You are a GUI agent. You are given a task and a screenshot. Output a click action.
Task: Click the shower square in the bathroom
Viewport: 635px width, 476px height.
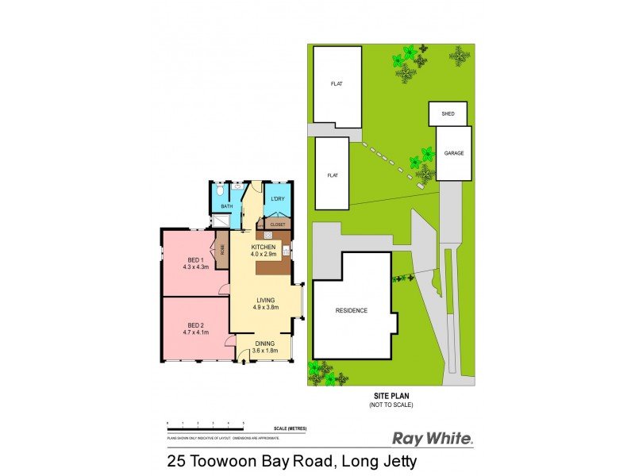point(221,223)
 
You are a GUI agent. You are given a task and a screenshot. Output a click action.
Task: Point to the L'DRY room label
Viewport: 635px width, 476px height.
point(277,198)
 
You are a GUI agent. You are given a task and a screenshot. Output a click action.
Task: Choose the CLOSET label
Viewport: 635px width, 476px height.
point(278,225)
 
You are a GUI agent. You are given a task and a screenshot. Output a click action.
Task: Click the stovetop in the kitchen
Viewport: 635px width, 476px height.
point(268,236)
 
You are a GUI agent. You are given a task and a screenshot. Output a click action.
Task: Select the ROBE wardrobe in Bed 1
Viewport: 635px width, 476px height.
point(223,248)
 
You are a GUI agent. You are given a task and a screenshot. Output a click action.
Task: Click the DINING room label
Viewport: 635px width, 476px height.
point(264,344)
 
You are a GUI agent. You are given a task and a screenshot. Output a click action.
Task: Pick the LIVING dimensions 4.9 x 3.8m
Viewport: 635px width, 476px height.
point(264,308)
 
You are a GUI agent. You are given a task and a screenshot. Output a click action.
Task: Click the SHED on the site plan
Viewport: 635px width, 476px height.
point(448,113)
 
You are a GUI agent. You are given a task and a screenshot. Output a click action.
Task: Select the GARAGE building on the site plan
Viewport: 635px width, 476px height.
point(454,152)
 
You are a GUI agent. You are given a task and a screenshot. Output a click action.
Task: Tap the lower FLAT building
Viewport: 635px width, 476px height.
point(332,174)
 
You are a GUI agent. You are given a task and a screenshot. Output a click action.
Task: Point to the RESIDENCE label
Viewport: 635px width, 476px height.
point(352,310)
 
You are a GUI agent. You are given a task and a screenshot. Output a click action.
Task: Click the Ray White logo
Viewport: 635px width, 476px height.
point(433,438)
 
